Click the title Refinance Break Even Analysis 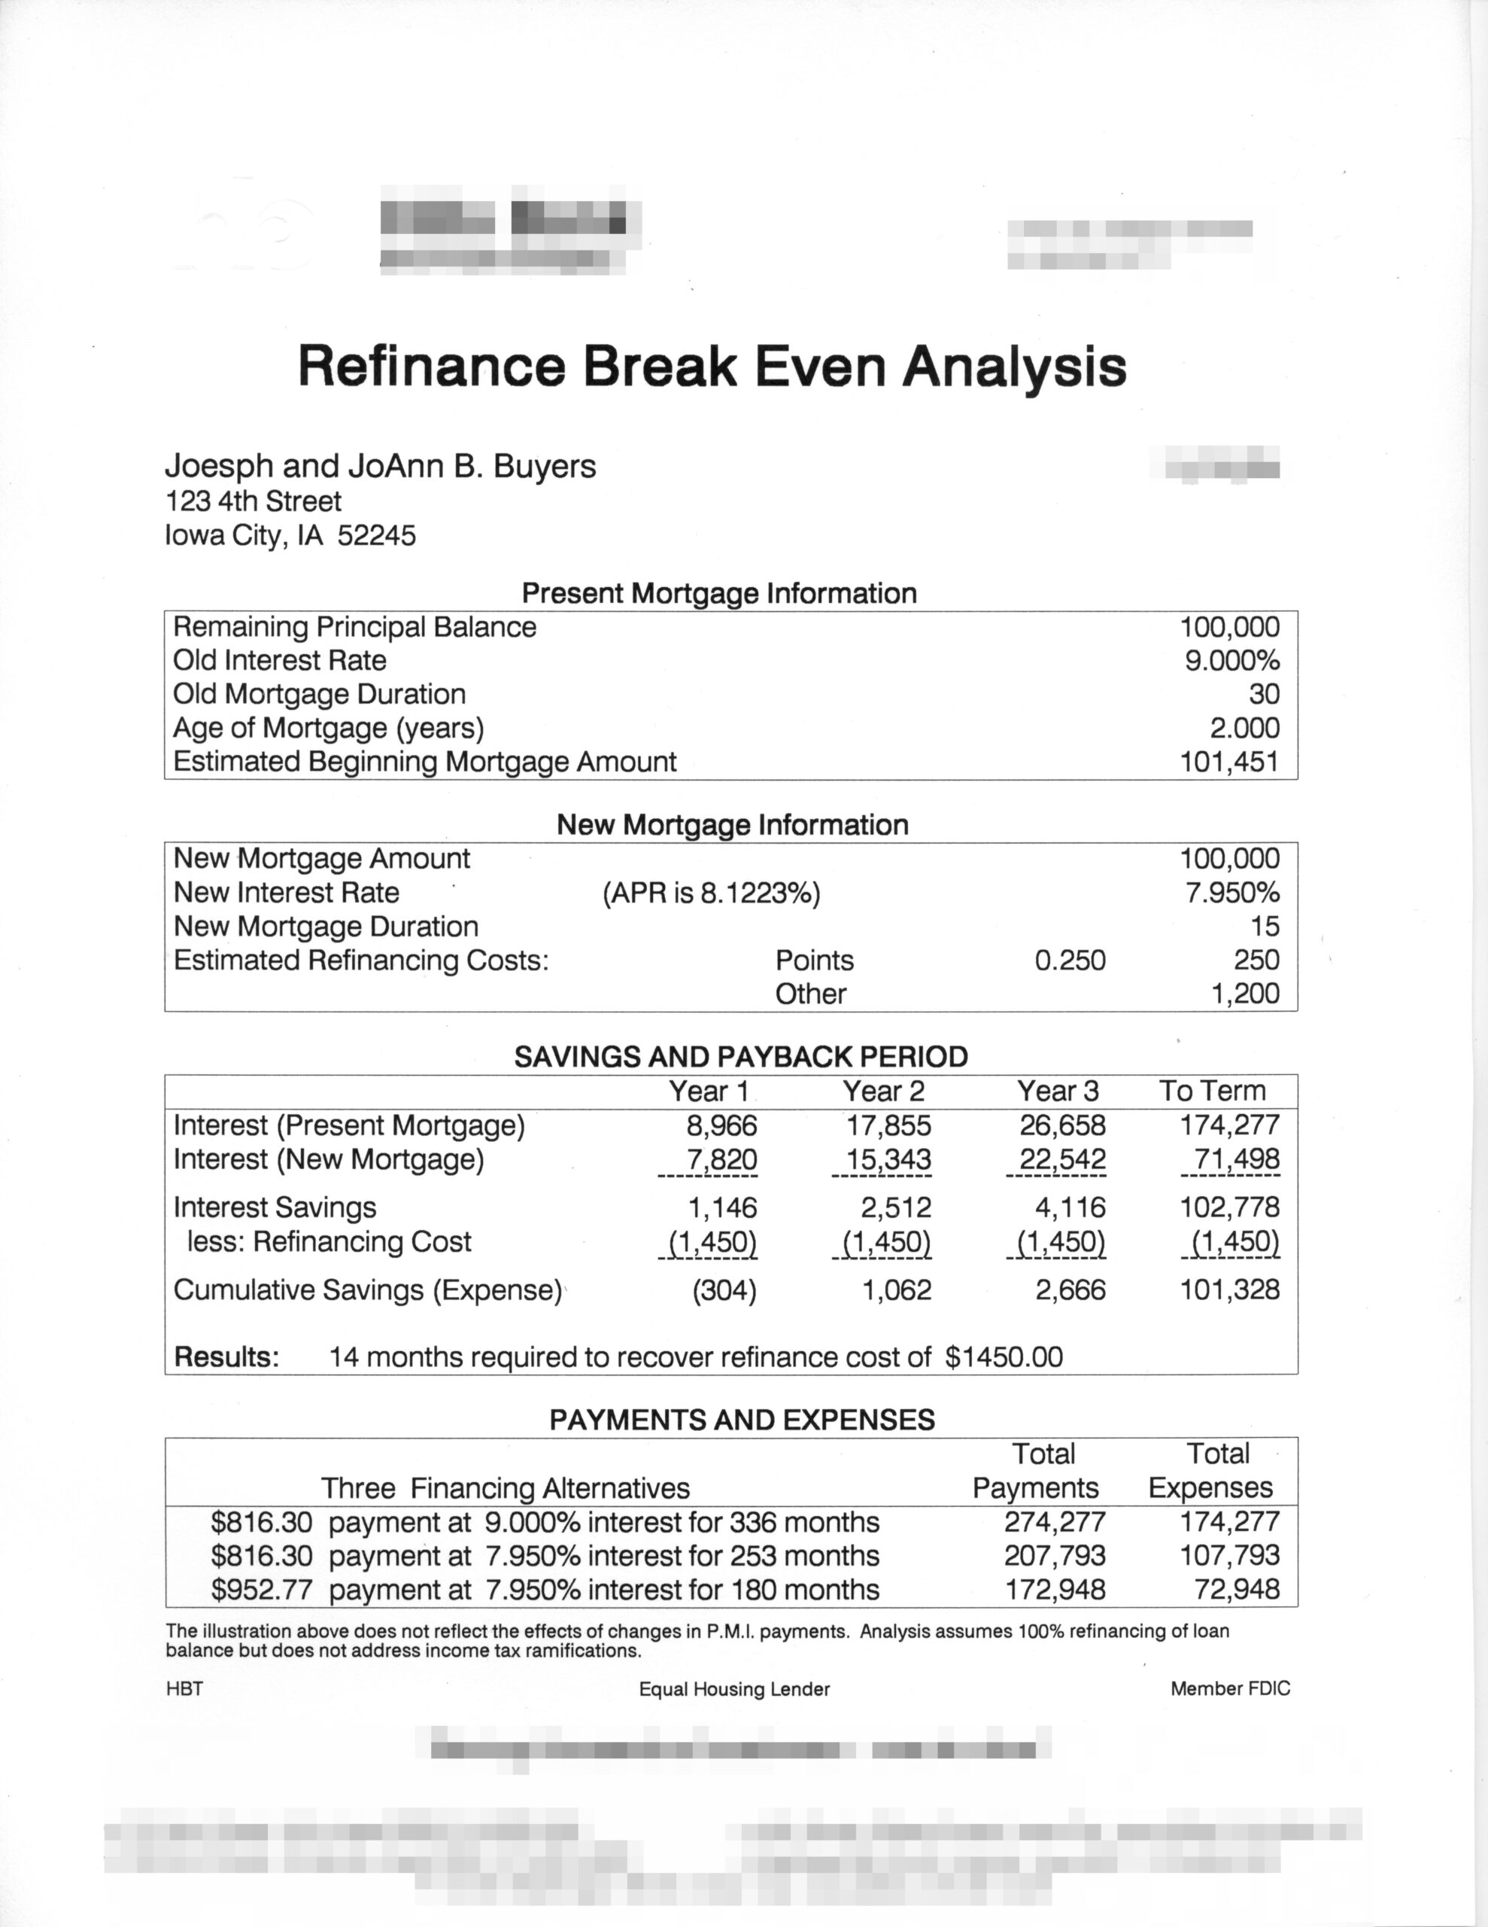(712, 365)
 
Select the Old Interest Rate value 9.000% (1231, 661)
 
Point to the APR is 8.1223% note (711, 893)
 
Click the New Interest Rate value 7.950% (1232, 893)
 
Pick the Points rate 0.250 (1069, 960)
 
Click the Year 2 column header (883, 1091)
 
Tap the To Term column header (1212, 1091)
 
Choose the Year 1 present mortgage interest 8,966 (722, 1125)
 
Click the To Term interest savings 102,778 (1229, 1207)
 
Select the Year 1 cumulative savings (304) (724, 1290)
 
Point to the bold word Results (226, 1357)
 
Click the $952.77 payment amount (262, 1590)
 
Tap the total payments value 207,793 (1055, 1556)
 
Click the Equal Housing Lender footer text (734, 1689)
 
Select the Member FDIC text (1229, 1688)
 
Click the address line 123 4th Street (254, 501)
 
